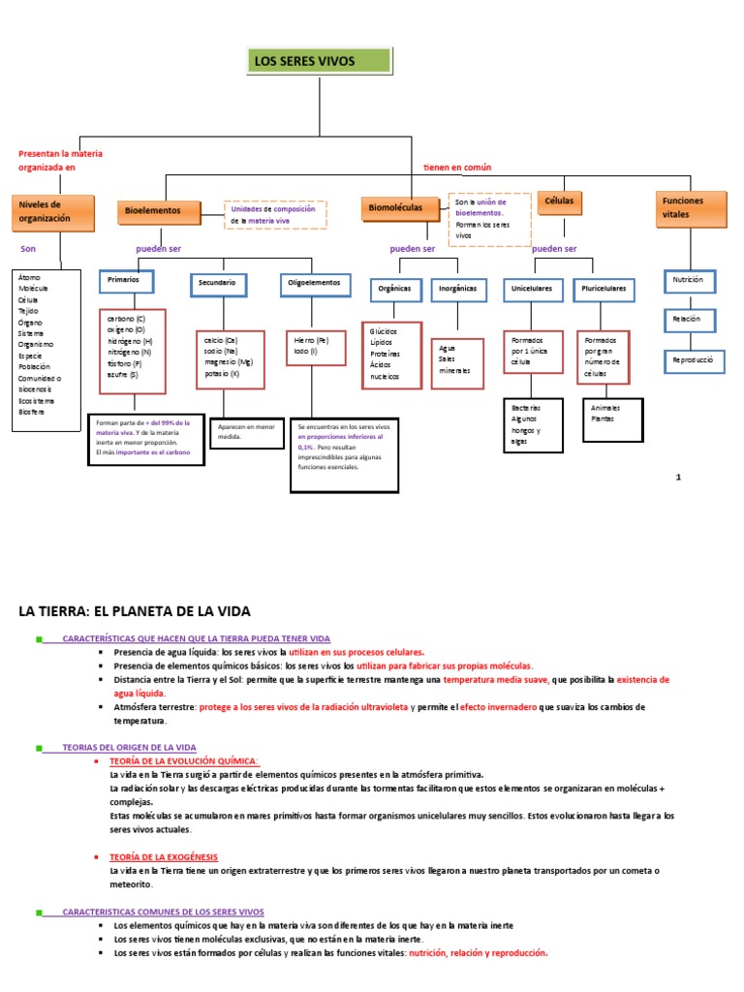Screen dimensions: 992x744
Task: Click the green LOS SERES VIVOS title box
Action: tap(320, 61)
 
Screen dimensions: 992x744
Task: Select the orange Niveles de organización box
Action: tap(53, 213)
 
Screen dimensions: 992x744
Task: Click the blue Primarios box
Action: tap(126, 281)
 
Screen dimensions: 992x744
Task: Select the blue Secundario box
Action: tap(218, 284)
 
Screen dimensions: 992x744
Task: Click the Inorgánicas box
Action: tap(457, 289)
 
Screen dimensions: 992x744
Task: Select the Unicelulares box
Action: tap(532, 289)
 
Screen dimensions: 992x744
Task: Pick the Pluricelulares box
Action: tap(604, 289)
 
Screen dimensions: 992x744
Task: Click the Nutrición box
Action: tap(690, 281)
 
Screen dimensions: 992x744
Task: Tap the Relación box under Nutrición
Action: tap(690, 319)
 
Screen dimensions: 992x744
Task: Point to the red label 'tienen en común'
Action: tap(457, 168)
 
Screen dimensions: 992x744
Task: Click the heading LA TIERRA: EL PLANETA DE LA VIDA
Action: tap(136, 611)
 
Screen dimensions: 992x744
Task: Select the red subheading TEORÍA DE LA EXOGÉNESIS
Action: tap(163, 856)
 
